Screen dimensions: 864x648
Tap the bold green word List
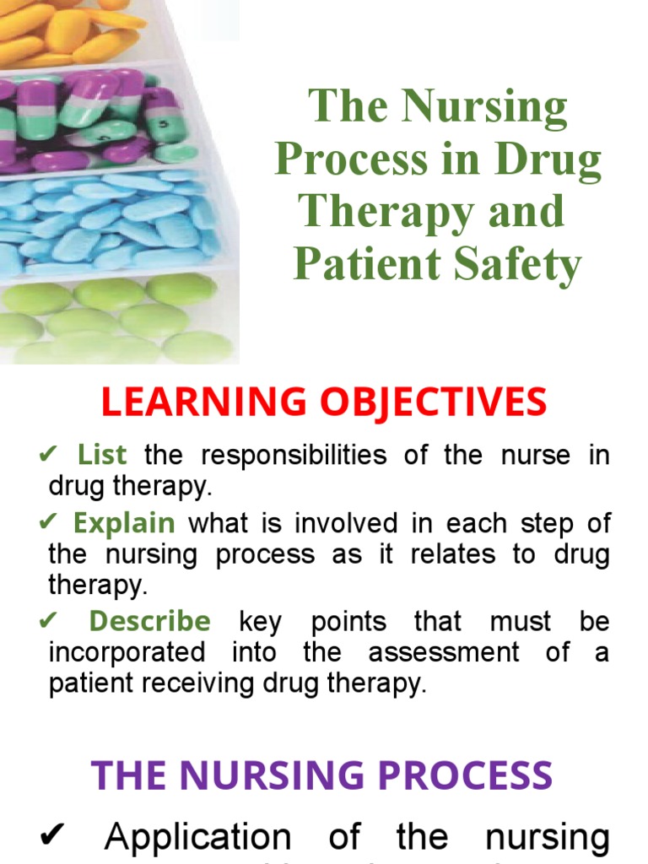(102, 456)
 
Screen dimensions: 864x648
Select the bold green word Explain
(124, 523)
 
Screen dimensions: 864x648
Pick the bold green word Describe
(149, 622)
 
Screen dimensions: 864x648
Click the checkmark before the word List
(47, 456)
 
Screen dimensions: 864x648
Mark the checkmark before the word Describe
(47, 623)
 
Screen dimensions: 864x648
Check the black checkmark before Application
(52, 838)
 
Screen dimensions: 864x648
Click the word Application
(198, 838)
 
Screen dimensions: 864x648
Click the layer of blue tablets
(110, 219)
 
